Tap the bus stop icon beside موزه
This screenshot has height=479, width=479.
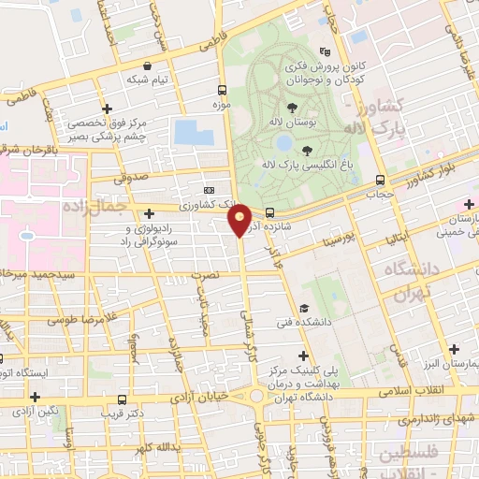pos(222,91)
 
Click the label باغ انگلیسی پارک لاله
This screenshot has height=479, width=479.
pos(342,159)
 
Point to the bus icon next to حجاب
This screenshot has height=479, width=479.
pos(380,180)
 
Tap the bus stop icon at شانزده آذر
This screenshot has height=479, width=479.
pos(269,212)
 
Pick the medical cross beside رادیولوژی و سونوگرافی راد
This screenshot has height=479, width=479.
pos(150,214)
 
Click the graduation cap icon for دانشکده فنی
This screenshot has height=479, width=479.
pos(303,309)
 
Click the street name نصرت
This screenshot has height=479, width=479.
pos(203,276)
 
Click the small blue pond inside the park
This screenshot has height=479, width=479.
pos(283,142)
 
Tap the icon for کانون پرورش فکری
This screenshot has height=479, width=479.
pos(325,52)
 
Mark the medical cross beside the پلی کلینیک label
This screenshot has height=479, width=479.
pos(302,355)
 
